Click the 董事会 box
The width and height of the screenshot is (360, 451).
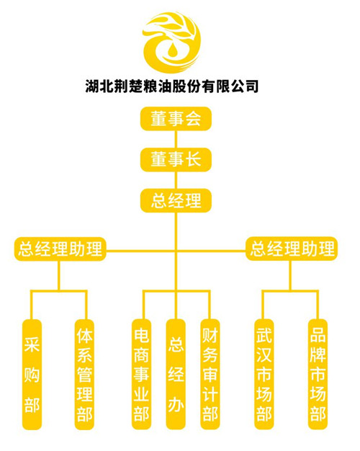(176, 119)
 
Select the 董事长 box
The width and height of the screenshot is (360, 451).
(176, 160)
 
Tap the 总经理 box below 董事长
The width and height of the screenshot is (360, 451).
(176, 200)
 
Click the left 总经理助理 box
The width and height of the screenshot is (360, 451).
(60, 249)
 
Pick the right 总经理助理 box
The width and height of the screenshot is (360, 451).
(292, 249)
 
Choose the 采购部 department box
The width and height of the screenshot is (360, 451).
(32, 375)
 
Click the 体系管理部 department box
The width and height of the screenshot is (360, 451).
(84, 375)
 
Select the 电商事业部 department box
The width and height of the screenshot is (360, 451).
(141, 375)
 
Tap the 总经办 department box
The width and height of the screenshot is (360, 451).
(176, 375)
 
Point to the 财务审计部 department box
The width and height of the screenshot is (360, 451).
(210, 375)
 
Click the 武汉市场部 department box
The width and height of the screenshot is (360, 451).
(264, 375)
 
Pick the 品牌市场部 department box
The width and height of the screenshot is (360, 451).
(318, 375)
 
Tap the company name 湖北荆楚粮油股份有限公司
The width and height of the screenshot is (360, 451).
(171, 86)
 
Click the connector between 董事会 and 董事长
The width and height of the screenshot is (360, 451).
(176, 139)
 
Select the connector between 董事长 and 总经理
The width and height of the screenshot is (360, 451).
(176, 180)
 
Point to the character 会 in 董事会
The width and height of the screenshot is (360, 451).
(193, 119)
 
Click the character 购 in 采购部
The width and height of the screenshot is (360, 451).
(32, 375)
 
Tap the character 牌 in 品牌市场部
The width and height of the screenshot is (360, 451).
(318, 355)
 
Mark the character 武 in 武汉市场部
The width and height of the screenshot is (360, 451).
(264, 336)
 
